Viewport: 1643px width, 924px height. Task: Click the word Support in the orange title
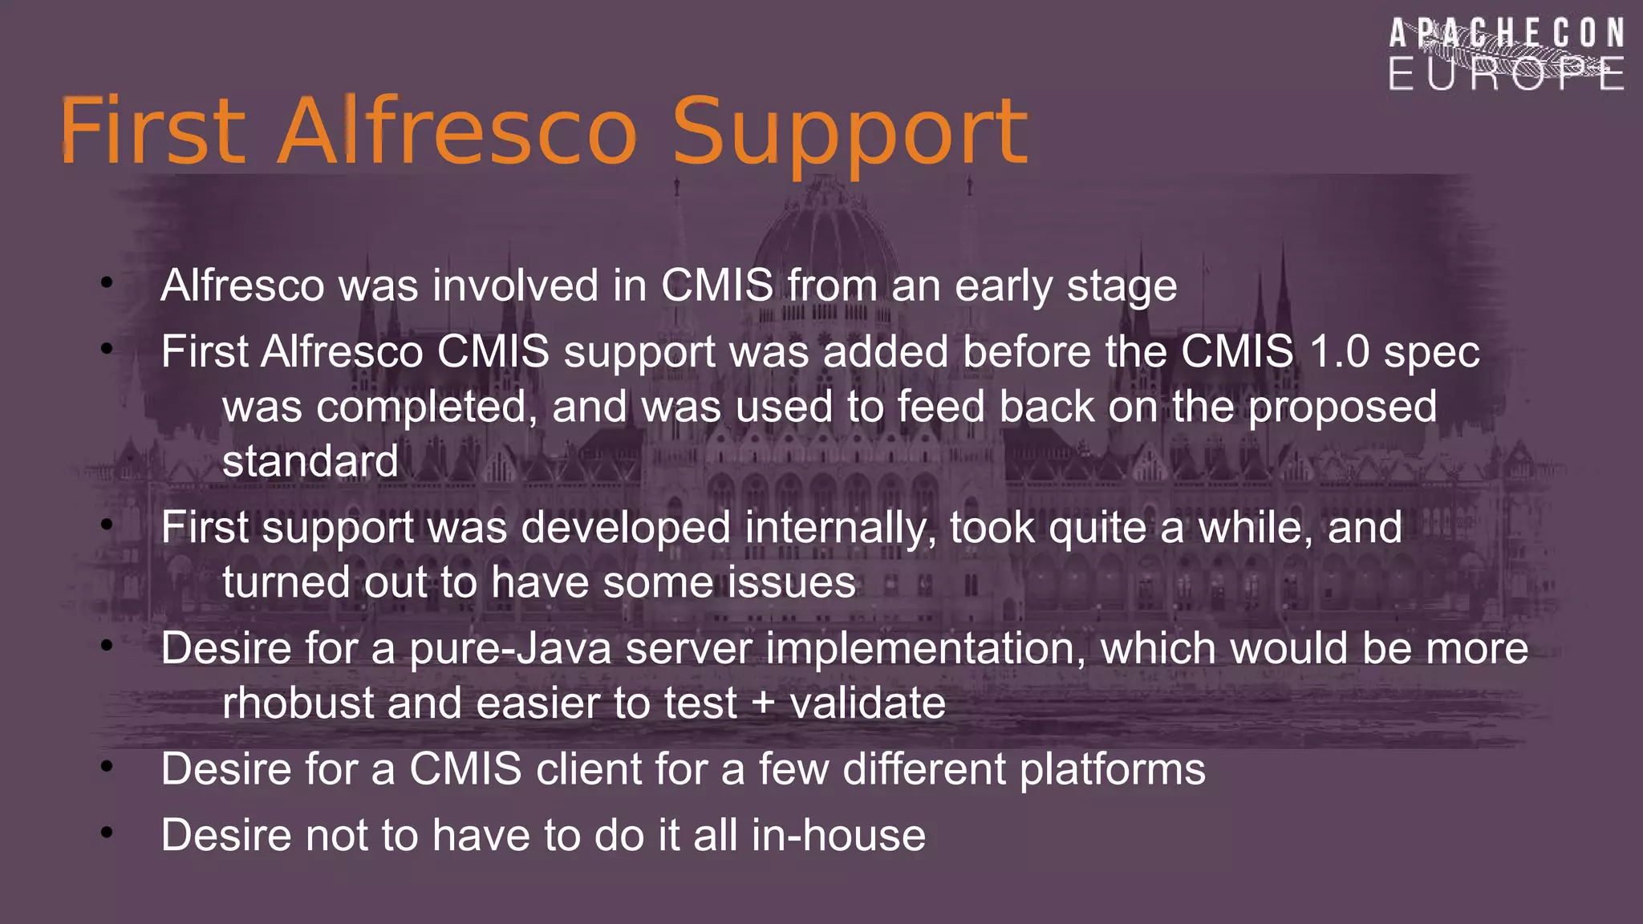click(x=849, y=132)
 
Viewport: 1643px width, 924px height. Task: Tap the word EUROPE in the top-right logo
click(x=1506, y=75)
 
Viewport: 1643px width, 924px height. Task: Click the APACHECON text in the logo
click(x=1507, y=34)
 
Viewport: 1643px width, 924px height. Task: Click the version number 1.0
click(x=1339, y=352)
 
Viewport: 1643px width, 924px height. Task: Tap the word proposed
click(x=1342, y=407)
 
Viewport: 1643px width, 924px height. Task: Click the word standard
click(x=310, y=462)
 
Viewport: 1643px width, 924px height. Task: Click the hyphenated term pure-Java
click(x=510, y=649)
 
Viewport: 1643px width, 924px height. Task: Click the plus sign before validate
click(x=764, y=704)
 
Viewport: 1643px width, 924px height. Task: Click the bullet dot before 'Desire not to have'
click(x=107, y=833)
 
